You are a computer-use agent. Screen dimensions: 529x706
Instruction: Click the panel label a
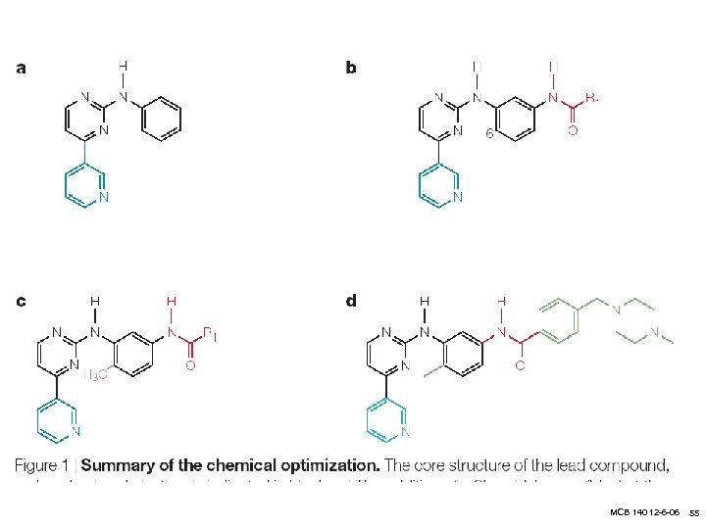pyautogui.click(x=21, y=68)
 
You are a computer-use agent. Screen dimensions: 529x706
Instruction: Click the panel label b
pyautogui.click(x=351, y=68)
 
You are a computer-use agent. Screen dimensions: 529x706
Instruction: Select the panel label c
pyautogui.click(x=21, y=301)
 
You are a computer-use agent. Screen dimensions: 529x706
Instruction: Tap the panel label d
pyautogui.click(x=351, y=301)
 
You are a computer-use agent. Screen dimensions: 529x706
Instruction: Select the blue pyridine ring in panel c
pyautogui.click(x=57, y=418)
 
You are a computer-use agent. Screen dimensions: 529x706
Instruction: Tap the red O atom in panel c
pyautogui.click(x=189, y=364)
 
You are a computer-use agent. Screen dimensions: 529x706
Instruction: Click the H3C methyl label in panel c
pyautogui.click(x=95, y=374)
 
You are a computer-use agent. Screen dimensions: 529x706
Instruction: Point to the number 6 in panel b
pyautogui.click(x=489, y=134)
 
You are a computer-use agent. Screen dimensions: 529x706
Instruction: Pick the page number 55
pyautogui.click(x=694, y=513)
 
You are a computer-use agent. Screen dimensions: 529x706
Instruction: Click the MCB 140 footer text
pyautogui.click(x=643, y=513)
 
